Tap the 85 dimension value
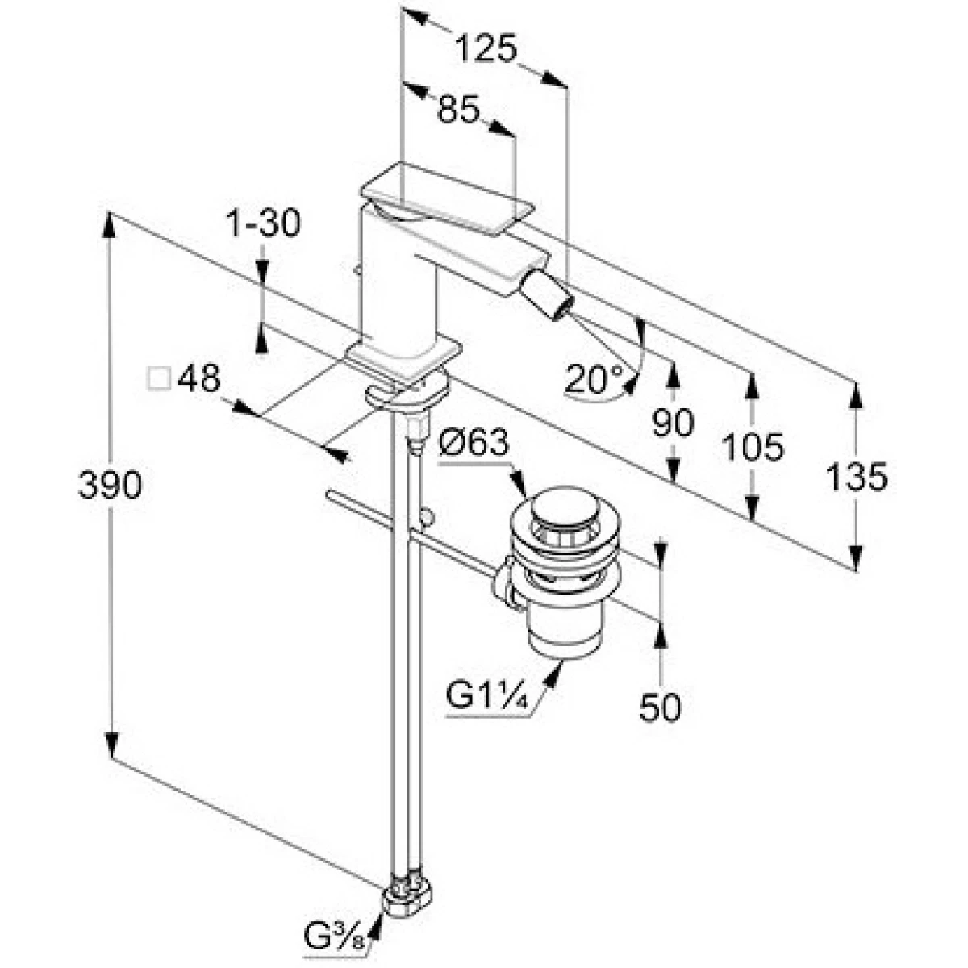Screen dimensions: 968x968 point(458,110)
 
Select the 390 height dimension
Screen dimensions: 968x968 point(111,484)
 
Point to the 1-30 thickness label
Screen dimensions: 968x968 point(261,223)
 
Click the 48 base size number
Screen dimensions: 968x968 point(198,378)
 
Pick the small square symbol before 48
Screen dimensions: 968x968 point(160,378)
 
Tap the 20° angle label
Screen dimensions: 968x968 point(595,377)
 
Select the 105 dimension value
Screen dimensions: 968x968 point(753,446)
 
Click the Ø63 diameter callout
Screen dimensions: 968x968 point(476,442)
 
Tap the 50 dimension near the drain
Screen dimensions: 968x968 point(660,707)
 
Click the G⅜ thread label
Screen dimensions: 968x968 point(332,938)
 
